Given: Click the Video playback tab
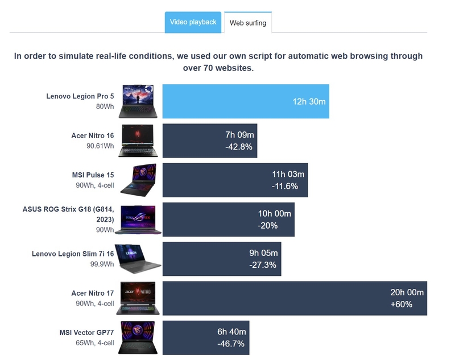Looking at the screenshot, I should tap(193, 22).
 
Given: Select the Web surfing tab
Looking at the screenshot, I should tap(247, 23).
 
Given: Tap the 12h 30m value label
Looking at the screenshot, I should tap(309, 102).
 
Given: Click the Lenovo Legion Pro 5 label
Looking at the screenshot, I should tap(80, 97).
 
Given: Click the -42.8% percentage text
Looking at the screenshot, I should tap(239, 147).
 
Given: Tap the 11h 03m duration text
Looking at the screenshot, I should tap(288, 174).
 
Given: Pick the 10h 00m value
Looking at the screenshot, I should tap(274, 214).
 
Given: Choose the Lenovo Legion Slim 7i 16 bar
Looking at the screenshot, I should tap(222, 259).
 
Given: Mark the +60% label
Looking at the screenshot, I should tap(401, 304).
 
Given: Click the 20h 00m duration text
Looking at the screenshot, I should tap(407, 292).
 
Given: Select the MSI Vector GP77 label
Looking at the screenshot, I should tap(86, 333).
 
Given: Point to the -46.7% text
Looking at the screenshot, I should tap(230, 344).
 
